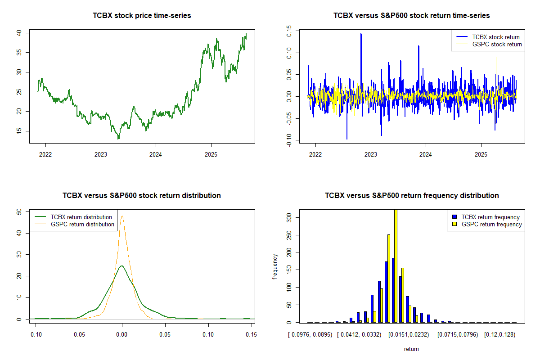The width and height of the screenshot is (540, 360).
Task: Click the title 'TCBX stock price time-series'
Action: pyautogui.click(x=142, y=16)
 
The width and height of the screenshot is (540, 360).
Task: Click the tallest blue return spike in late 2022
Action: pyautogui.click(x=361, y=34)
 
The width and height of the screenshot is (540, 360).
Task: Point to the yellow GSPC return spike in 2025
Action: pyautogui.click(x=496, y=57)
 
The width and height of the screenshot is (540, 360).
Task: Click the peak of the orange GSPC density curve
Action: pyautogui.click(x=122, y=216)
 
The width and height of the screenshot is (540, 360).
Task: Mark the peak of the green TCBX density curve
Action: pyautogui.click(x=121, y=266)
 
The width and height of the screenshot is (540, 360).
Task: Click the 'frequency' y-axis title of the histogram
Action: pyautogui.click(x=275, y=267)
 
